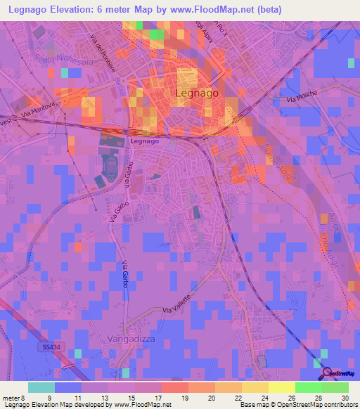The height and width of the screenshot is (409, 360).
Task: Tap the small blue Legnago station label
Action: pyautogui.click(x=144, y=141)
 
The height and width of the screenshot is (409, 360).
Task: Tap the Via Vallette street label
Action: pyautogui.click(x=177, y=304)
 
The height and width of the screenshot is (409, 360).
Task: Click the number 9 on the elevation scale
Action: pyautogui.click(x=49, y=397)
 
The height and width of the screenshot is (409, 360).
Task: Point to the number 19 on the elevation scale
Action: pyautogui.click(x=184, y=397)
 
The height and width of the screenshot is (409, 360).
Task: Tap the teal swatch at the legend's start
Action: pyautogui.click(x=41, y=387)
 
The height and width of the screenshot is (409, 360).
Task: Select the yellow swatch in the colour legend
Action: pyautogui.click(x=281, y=387)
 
